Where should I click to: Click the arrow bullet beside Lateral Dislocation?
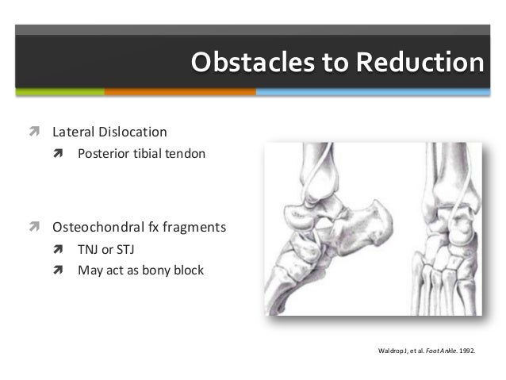(x=34, y=131)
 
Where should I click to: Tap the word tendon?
(x=186, y=153)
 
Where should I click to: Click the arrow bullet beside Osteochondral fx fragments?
(x=34, y=228)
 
